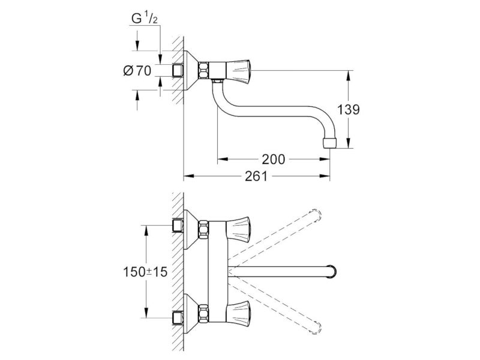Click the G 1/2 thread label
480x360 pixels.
point(145,19)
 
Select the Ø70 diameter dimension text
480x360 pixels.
point(137,71)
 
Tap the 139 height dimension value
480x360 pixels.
point(349,110)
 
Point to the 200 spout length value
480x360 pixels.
point(274,159)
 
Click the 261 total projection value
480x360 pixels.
point(256,176)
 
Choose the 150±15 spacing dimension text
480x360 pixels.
point(145,272)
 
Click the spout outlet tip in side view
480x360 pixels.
point(329,143)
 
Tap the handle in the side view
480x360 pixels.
point(238,71)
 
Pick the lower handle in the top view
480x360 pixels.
point(238,311)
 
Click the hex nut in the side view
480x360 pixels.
point(203,71)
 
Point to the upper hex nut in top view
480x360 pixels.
point(203,229)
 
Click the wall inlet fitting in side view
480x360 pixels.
point(178,70)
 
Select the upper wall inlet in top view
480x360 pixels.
point(178,226)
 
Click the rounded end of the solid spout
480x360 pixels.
point(332,271)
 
